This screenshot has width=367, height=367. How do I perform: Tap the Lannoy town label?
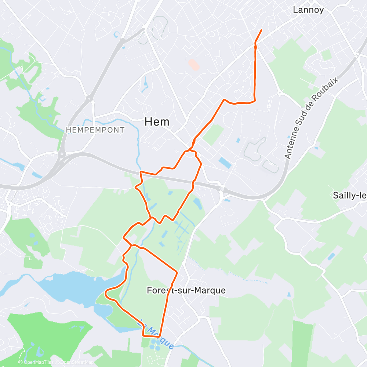click(308, 10)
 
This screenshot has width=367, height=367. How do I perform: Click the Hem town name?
click(157, 122)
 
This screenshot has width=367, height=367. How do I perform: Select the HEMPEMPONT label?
click(95, 130)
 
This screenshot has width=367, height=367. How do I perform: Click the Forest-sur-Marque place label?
click(186, 290)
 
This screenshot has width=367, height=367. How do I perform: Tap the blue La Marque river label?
click(156, 334)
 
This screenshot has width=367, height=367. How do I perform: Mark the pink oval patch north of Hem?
click(194, 65)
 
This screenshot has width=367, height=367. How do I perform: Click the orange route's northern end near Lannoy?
click(261, 30)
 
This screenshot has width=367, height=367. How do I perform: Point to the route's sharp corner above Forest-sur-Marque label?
click(177, 272)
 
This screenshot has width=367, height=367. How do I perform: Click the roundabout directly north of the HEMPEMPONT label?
click(88, 98)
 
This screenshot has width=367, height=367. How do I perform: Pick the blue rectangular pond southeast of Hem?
click(225, 163)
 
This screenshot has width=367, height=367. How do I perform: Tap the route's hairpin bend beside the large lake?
click(106, 293)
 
